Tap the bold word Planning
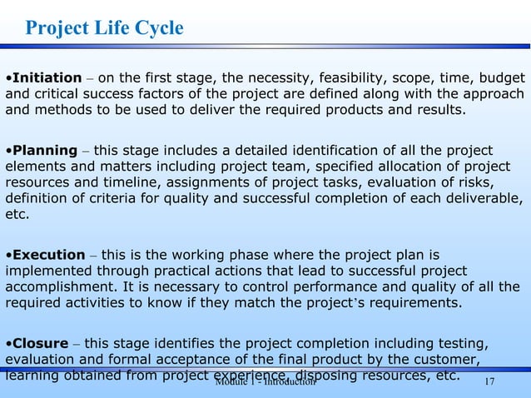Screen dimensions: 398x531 (44, 151)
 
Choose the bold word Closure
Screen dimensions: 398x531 (41, 342)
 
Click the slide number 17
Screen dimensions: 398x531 (489, 381)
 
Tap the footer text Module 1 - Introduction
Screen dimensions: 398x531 (265, 381)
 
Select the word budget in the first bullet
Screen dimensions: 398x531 (502, 77)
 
